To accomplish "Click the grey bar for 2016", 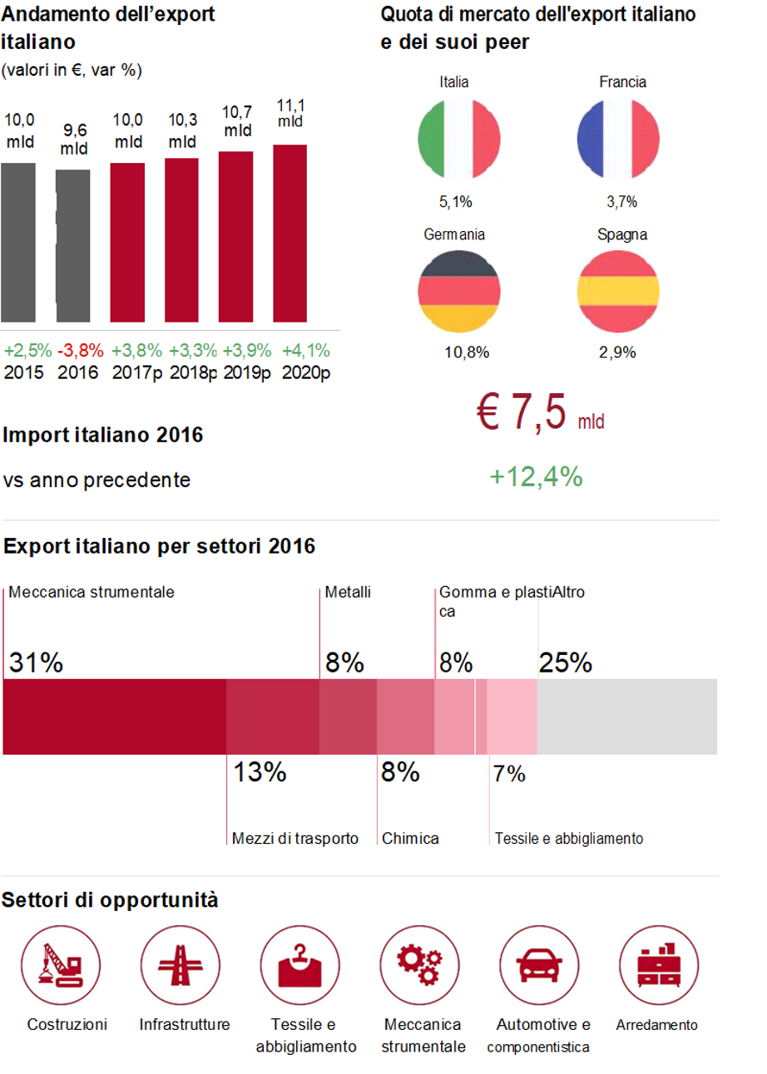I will [x=73, y=246].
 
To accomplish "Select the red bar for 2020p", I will [x=289, y=234].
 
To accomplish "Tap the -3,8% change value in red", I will [x=73, y=349].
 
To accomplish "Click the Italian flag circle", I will [x=458, y=136].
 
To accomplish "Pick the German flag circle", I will [x=458, y=291].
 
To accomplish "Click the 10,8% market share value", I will [x=466, y=352].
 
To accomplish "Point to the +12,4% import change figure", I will [x=535, y=477].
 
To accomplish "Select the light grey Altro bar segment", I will [x=627, y=717].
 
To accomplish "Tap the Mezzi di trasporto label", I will [x=294, y=838].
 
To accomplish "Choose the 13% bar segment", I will [x=273, y=717].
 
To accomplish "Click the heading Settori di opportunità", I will [x=111, y=899].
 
